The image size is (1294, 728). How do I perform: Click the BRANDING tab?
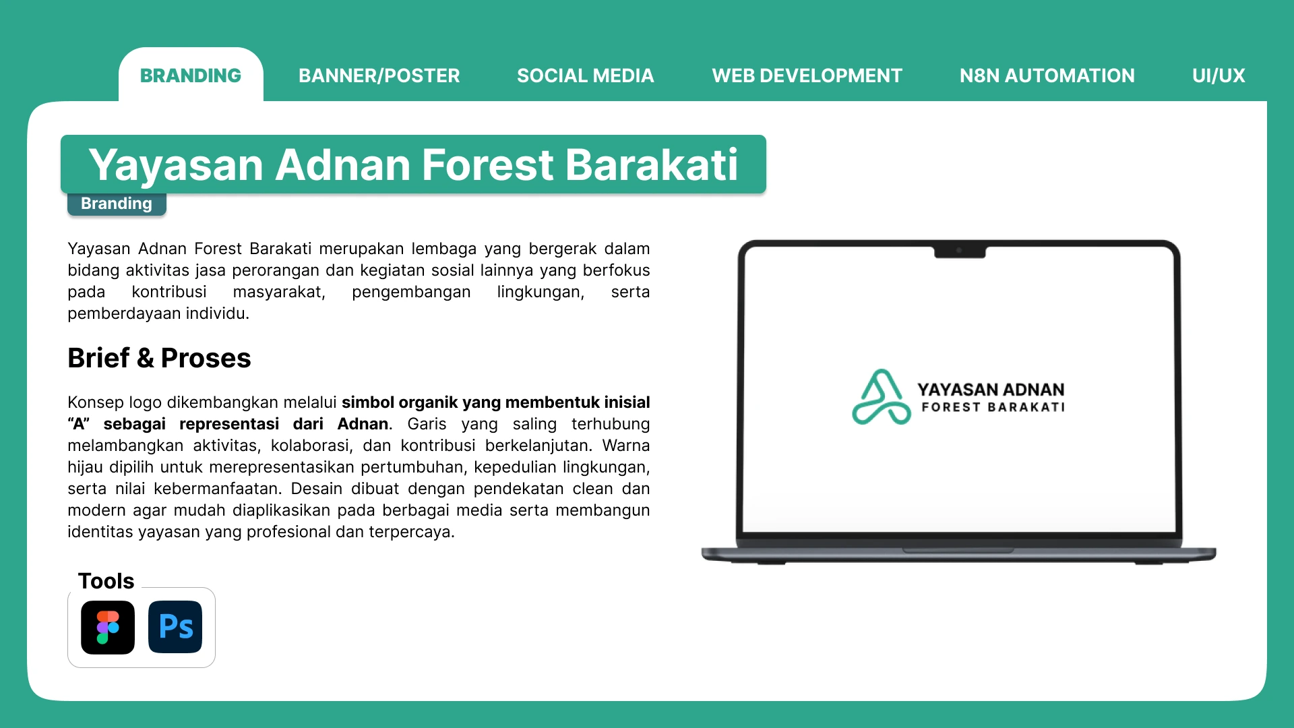pyautogui.click(x=191, y=75)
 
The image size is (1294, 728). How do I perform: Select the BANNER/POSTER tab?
pyautogui.click(x=379, y=75)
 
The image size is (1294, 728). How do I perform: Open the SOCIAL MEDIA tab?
pyautogui.click(x=586, y=75)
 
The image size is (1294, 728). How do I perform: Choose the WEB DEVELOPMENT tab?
pyautogui.click(x=807, y=75)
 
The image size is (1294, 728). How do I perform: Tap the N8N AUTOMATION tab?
pyautogui.click(x=1047, y=75)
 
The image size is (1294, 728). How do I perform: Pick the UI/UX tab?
pyautogui.click(x=1219, y=75)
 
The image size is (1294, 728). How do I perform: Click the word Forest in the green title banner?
pyautogui.click(x=488, y=164)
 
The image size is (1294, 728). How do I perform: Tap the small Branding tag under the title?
pyautogui.click(x=117, y=204)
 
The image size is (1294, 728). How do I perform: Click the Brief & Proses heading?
pyautogui.click(x=159, y=358)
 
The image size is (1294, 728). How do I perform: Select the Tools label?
pyautogui.click(x=106, y=581)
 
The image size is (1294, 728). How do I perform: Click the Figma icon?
pyautogui.click(x=108, y=628)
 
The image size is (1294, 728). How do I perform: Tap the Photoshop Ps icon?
pyautogui.click(x=175, y=628)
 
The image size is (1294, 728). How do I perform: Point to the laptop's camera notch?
pyautogui.click(x=960, y=252)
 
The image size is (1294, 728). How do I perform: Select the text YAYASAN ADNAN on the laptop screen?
pyautogui.click(x=991, y=390)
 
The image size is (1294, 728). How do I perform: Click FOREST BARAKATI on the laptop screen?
pyautogui.click(x=993, y=407)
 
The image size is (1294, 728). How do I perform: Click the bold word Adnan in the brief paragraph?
pyautogui.click(x=363, y=424)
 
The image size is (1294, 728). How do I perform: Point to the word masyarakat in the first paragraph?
pyautogui.click(x=279, y=293)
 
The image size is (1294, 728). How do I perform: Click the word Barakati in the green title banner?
pyautogui.click(x=652, y=164)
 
